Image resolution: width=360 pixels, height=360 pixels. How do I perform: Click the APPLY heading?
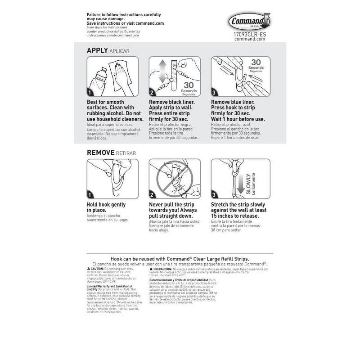[97, 51]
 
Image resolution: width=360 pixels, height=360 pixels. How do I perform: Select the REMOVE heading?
[101, 153]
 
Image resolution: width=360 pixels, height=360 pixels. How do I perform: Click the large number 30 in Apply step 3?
[256, 63]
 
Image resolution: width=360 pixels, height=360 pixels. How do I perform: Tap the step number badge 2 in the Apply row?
[153, 93]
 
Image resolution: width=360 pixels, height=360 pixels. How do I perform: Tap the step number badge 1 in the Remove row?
[90, 195]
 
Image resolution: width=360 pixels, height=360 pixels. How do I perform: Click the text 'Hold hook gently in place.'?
[106, 207]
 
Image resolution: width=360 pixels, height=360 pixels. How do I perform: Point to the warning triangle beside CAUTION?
[88, 269]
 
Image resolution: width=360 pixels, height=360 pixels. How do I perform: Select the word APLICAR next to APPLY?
[119, 51]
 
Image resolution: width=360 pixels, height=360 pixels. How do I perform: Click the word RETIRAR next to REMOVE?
[126, 153]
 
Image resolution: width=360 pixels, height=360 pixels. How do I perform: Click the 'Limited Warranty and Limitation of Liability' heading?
[109, 287]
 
